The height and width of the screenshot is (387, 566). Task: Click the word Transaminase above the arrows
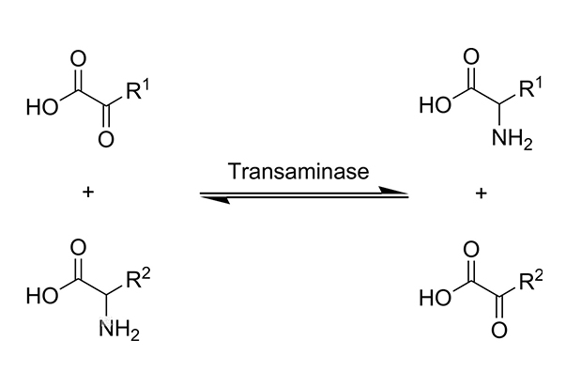(304, 173)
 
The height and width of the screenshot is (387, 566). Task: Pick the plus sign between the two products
(481, 194)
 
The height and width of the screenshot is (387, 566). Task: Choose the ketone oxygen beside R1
(104, 141)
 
